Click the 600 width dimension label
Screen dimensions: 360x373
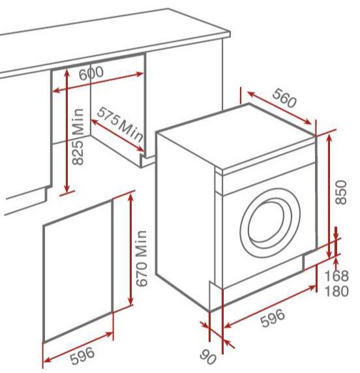91,73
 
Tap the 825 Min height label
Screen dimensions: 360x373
78,136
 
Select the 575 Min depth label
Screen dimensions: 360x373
121,127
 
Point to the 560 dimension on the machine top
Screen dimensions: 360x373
284,98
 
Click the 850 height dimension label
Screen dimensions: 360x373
340,192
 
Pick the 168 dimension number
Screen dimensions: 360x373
337,276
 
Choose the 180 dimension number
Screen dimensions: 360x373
337,291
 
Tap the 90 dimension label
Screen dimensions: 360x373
208,357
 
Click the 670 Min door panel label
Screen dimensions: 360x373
142,258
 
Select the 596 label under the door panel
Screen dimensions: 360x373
82,356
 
